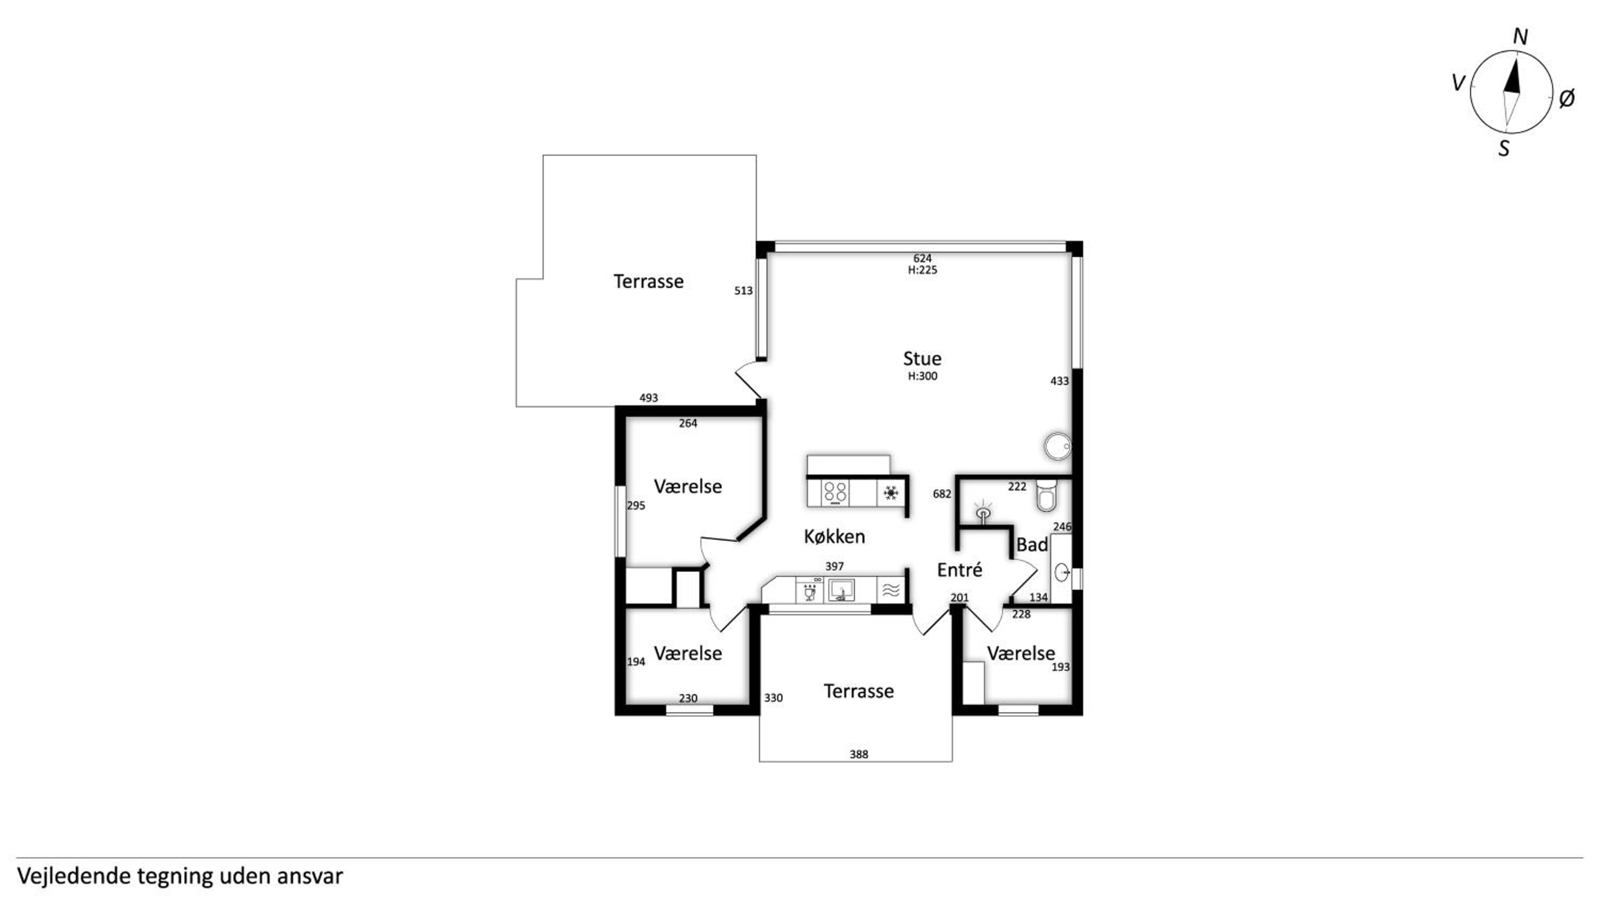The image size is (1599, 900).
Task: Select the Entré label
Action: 959,569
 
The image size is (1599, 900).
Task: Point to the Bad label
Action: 1032,545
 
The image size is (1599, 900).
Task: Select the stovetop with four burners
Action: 835,493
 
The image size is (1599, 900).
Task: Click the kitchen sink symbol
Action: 842,590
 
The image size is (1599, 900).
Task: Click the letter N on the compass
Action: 1520,37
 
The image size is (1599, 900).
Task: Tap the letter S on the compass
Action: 1504,148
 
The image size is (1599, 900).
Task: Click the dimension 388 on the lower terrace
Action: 859,754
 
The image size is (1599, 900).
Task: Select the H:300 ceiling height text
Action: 923,376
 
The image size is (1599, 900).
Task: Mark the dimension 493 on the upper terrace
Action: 649,398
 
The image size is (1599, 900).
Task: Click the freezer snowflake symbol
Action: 891,493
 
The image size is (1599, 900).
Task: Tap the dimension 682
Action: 942,494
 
